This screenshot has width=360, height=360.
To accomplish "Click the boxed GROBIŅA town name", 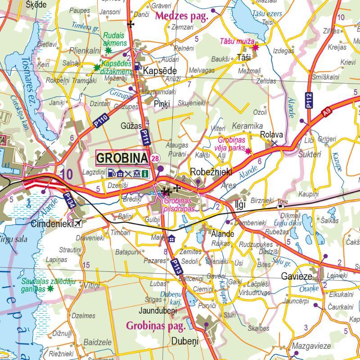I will tap(122, 158).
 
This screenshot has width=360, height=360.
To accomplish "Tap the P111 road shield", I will tap(144, 137).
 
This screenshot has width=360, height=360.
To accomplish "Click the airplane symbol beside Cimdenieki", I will tap(79, 223).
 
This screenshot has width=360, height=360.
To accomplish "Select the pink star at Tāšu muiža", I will tap(256, 47).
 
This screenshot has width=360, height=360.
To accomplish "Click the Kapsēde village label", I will tap(160, 71).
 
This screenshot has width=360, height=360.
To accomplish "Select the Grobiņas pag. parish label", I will tap(156, 325).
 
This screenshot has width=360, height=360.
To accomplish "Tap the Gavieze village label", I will tap(297, 275).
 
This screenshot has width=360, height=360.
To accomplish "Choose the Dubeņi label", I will tap(184, 341).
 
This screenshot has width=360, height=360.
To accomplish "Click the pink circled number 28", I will tap(155, 158).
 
